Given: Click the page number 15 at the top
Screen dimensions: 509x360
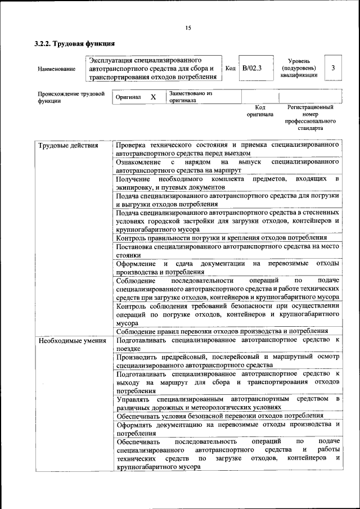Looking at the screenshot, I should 188,28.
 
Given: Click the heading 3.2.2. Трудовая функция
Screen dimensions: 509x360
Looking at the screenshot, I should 75,43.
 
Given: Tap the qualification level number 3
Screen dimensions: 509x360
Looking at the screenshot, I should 334,68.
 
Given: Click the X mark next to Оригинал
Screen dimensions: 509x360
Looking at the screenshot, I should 153,97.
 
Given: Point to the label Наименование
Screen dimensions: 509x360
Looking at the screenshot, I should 56,69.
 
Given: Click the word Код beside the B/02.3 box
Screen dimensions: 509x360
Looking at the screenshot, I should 230,68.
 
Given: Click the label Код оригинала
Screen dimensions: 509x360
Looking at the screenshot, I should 260,110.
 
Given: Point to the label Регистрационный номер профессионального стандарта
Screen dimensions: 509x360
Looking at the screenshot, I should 310,117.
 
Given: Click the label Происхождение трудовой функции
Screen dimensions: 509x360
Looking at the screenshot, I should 71,97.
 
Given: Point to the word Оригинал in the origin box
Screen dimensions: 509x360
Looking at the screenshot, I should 128,97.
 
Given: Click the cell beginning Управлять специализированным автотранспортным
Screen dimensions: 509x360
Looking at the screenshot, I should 227,402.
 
